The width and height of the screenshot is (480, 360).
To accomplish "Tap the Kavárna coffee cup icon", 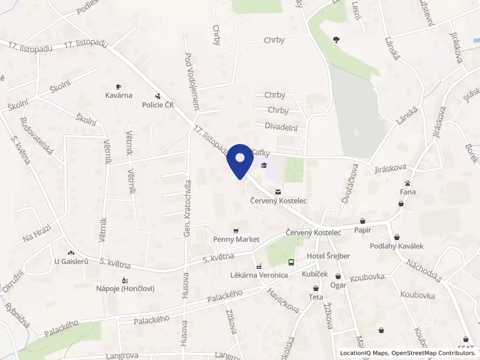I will (119, 86).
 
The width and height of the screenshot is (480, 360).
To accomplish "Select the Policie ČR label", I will (158, 105).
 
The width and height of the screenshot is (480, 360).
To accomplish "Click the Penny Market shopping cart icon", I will (236, 230).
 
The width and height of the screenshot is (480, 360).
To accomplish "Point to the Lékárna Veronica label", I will (259, 275).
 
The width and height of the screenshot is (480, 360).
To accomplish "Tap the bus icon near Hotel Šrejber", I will (291, 263).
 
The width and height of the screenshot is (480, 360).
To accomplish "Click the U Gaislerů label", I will (71, 262).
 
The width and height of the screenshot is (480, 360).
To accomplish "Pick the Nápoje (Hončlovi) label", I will (125, 289).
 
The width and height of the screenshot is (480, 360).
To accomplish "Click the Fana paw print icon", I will (408, 182).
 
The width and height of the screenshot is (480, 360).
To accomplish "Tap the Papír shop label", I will (363, 230).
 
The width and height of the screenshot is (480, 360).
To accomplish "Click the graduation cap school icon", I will (264, 166).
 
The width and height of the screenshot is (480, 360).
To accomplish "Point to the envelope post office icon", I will (276, 191).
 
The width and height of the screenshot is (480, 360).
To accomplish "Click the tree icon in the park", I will (336, 40).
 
